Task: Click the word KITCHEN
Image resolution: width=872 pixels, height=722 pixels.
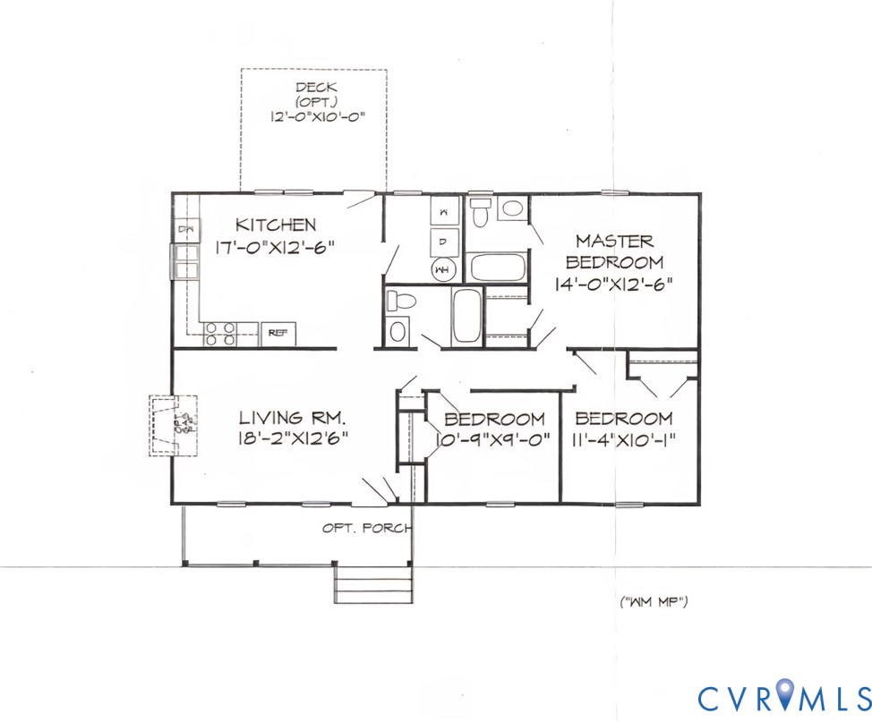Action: tap(275, 225)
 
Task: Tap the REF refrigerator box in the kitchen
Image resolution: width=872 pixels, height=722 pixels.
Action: tap(278, 334)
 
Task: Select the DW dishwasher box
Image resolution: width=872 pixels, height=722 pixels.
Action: tap(186, 230)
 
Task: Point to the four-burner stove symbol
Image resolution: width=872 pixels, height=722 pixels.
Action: tap(220, 335)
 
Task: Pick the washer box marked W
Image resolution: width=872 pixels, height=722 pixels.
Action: tap(445, 211)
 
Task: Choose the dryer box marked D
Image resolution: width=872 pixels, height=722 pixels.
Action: tap(445, 240)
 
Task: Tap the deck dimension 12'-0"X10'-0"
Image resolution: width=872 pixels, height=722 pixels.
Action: tap(316, 116)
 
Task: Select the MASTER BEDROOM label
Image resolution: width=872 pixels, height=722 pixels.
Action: tap(614, 251)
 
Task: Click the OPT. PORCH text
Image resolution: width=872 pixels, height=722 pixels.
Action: tap(367, 528)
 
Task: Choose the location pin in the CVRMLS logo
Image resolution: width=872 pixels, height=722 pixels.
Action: tap(785, 692)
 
